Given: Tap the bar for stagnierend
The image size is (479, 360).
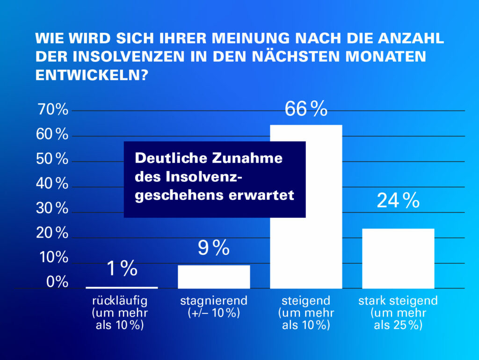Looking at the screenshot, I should click(214, 277).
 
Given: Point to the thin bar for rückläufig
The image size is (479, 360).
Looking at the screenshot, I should click(122, 288).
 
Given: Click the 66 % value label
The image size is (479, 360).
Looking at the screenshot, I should click(306, 109).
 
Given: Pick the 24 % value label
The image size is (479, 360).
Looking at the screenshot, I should click(398, 201).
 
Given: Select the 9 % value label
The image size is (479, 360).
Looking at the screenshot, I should click(213, 248).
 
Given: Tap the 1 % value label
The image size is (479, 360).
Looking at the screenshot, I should click(122, 269).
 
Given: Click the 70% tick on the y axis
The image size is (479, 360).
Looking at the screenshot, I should click(52, 111).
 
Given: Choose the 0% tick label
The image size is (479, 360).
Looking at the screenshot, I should click(57, 282).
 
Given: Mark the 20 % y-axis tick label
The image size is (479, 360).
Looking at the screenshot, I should click(52, 233).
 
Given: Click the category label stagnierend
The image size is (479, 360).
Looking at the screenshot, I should click(214, 301).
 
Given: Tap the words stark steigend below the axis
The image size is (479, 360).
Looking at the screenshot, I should click(398, 301).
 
